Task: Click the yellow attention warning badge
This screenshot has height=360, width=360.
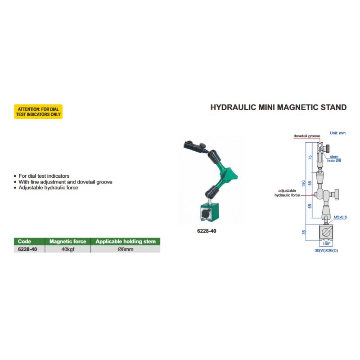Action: (38, 112)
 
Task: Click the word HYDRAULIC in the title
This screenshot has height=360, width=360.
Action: (233, 108)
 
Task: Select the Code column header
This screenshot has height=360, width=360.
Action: (24, 241)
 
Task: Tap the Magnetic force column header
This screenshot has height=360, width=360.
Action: (68, 241)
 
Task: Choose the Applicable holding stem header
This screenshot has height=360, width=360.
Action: (126, 241)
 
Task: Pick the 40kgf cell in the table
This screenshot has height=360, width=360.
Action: (68, 249)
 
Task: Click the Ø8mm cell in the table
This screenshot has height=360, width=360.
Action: (126, 249)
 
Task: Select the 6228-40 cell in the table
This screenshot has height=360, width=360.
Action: (27, 249)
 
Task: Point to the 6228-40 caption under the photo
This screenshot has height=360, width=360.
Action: (207, 231)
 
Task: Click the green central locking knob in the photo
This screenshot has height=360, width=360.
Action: (231, 175)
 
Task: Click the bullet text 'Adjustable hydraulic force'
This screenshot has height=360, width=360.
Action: (48, 188)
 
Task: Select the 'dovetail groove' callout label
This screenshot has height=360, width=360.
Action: (307, 136)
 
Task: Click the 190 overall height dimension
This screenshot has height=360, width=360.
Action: (304, 183)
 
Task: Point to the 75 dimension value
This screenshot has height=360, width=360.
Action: (310, 157)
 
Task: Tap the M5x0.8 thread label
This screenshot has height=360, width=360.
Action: (340, 217)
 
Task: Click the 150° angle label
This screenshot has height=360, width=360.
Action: (326, 243)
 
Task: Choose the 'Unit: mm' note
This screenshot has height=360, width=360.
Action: (337, 133)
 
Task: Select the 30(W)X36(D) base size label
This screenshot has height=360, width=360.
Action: (326, 250)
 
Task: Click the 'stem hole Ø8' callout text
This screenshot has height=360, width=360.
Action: (334, 159)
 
